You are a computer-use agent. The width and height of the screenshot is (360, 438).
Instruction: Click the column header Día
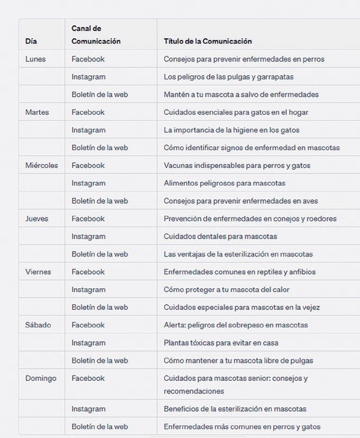click(x=31, y=41)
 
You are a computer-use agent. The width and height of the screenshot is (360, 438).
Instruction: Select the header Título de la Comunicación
click(x=208, y=41)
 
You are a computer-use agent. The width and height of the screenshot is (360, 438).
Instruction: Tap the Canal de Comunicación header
click(x=96, y=35)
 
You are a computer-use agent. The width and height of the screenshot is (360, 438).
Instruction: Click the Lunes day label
click(x=35, y=59)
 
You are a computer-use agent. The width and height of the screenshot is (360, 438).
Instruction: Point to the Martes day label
click(x=37, y=112)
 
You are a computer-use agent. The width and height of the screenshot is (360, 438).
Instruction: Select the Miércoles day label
click(x=41, y=166)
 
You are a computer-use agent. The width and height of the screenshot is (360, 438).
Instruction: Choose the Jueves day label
click(x=37, y=218)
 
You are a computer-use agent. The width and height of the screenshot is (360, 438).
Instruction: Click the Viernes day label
click(x=38, y=272)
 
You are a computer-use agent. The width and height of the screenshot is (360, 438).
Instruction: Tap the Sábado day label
click(x=38, y=325)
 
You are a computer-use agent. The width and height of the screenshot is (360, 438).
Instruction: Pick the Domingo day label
click(x=41, y=378)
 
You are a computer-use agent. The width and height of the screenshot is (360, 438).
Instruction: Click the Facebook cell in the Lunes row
click(x=88, y=59)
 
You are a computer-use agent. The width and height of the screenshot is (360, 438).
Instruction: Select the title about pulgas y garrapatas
click(x=229, y=77)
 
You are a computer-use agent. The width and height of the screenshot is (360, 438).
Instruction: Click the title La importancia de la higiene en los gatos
click(x=231, y=130)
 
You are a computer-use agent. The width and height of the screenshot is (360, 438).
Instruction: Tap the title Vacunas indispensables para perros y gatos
click(x=237, y=166)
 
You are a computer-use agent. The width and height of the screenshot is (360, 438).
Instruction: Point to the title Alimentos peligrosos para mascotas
click(x=224, y=183)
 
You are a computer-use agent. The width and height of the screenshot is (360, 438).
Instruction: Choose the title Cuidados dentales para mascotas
click(x=220, y=236)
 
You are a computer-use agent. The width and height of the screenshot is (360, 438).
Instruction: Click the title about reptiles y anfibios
click(x=239, y=272)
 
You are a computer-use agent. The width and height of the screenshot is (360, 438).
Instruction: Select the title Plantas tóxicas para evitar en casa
click(x=228, y=343)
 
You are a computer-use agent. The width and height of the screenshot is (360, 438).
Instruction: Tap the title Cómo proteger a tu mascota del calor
click(x=227, y=289)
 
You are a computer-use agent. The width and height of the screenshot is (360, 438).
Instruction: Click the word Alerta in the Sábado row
click(x=174, y=325)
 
